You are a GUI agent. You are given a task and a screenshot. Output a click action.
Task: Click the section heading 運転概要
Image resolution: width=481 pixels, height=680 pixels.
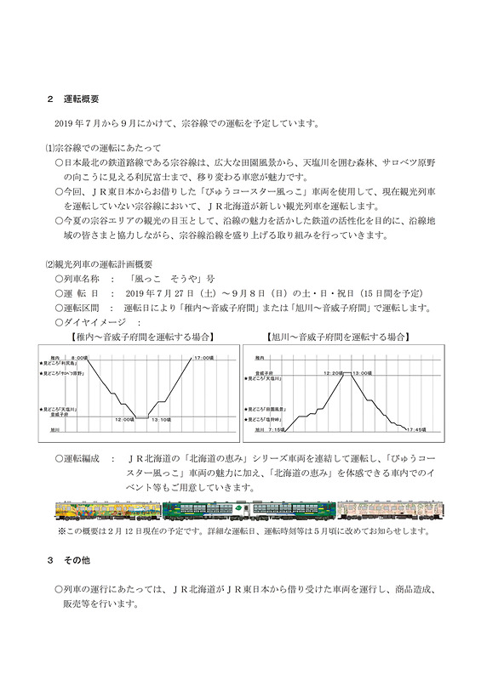[x=82, y=99]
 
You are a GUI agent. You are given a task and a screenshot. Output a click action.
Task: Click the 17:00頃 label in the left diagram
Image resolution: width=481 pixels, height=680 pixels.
[x=202, y=357]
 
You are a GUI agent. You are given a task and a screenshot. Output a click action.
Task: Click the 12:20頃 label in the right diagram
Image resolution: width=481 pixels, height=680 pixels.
[x=334, y=372]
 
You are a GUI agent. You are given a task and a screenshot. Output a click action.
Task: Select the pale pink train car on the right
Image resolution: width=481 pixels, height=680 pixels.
[x=388, y=510]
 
